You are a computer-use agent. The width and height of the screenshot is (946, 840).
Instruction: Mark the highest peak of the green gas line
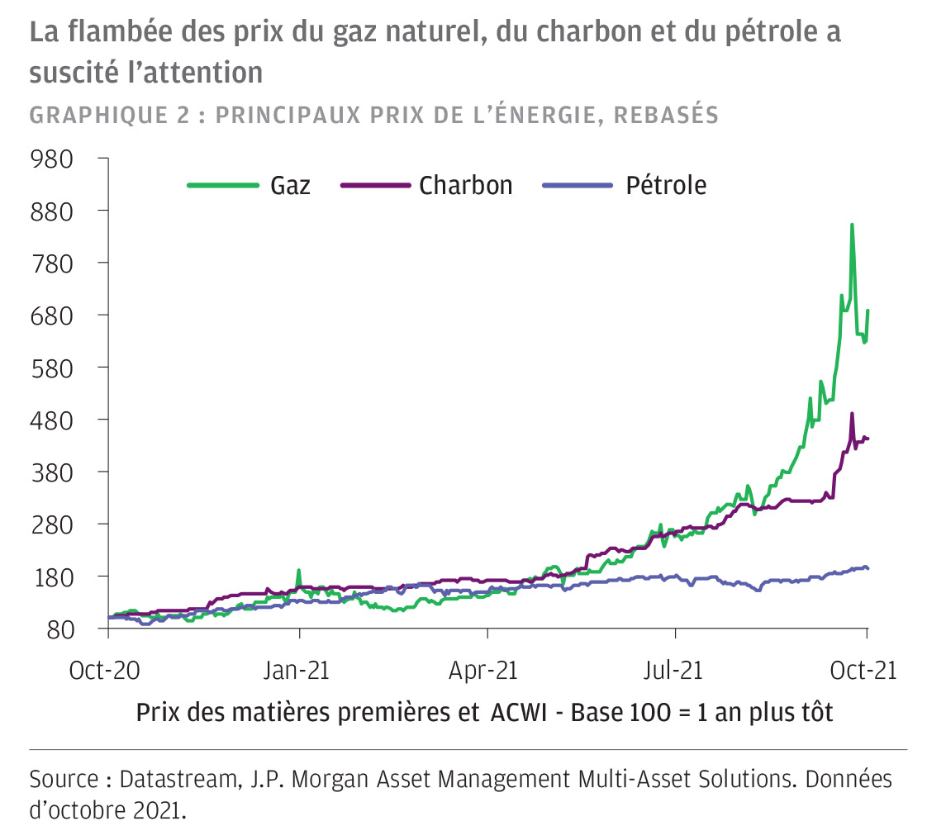click(x=852, y=225)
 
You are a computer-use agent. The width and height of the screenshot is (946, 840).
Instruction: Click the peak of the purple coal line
click(x=852, y=414)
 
